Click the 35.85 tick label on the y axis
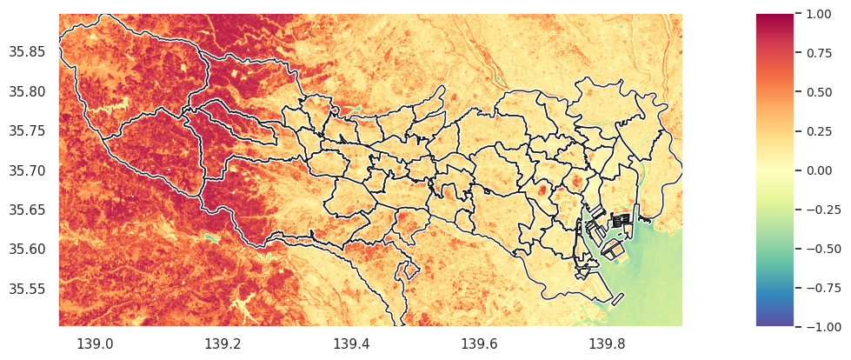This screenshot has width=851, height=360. tap(26, 52)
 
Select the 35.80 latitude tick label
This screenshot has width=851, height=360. tap(26, 91)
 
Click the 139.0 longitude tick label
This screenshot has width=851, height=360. tap(95, 344)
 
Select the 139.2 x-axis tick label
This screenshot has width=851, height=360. tap(223, 344)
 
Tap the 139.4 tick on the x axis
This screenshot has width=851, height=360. tap(351, 344)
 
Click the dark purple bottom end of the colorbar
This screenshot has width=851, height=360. tap(775, 322)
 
